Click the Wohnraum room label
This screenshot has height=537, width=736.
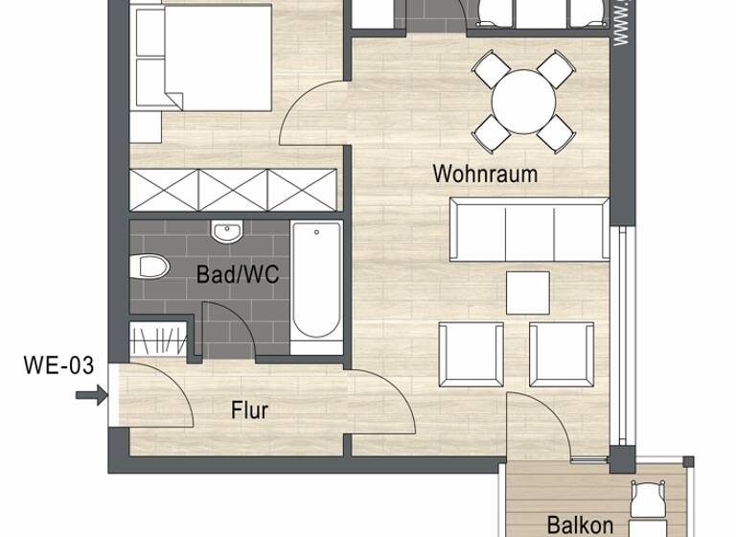click(x=484, y=174)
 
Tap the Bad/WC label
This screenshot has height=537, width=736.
click(x=238, y=274)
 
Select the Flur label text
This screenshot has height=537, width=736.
click(x=249, y=410)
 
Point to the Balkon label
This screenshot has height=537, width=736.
click(x=580, y=525)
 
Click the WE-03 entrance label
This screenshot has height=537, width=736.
click(x=58, y=364)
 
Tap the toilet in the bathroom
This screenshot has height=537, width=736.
click(x=151, y=266)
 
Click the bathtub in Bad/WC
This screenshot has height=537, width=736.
click(x=315, y=282)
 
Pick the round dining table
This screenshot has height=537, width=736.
click(x=524, y=100)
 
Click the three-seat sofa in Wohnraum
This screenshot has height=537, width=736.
click(x=530, y=229)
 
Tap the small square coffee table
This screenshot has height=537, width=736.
click(x=527, y=292)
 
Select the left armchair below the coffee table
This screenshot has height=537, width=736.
click(x=470, y=355)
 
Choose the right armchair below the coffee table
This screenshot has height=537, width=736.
click(x=561, y=355)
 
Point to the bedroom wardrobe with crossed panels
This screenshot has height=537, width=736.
click(x=234, y=188)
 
